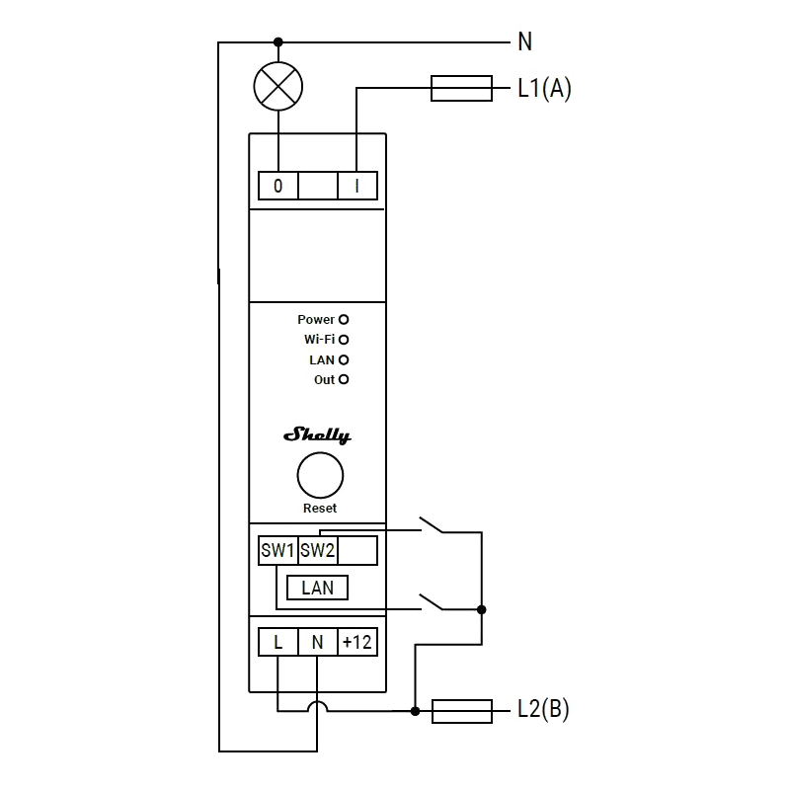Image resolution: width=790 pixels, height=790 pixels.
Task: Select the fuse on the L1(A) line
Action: click(x=461, y=89)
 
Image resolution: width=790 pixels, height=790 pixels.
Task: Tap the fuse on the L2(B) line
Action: click(x=462, y=710)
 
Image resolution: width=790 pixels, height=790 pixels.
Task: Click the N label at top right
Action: click(x=524, y=41)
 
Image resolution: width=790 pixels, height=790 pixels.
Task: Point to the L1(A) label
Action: click(x=544, y=89)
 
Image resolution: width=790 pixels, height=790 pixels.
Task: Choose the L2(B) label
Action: click(x=543, y=710)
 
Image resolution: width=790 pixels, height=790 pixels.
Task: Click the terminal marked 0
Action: click(x=277, y=185)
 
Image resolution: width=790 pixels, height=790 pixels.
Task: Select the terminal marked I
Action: click(x=356, y=185)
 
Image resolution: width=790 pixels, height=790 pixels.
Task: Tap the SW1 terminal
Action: click(x=277, y=550)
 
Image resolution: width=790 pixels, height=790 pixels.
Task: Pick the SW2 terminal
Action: click(x=317, y=550)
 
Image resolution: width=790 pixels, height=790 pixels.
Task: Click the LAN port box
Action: click(x=317, y=588)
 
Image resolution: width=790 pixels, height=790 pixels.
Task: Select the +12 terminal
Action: click(x=356, y=642)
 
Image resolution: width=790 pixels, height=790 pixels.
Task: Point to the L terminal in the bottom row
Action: click(x=277, y=642)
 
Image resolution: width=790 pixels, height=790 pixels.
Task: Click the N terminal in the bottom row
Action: click(x=317, y=642)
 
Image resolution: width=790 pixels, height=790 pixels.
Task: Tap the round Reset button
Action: click(x=320, y=477)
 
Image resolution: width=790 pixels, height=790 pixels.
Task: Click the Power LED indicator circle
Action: click(x=344, y=320)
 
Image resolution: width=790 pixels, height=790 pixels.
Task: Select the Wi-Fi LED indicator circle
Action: click(x=344, y=340)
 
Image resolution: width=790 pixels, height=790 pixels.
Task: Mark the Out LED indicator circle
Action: click(x=344, y=379)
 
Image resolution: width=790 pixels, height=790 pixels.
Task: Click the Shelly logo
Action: click(x=317, y=435)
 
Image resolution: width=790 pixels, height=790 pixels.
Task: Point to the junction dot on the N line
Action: click(x=277, y=41)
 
